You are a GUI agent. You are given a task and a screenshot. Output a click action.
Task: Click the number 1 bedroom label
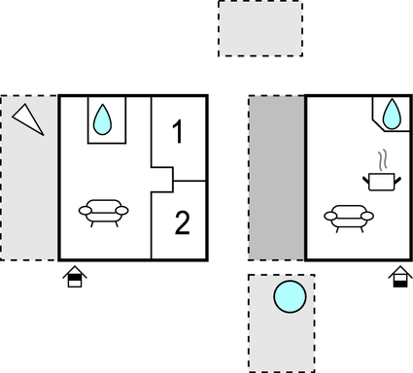[x=177, y=132]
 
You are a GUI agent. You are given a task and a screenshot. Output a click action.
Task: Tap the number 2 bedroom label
[x=182, y=223]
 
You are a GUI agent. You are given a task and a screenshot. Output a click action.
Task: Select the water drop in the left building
[x=103, y=120]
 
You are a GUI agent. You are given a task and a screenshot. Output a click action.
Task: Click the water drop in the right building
[x=391, y=117]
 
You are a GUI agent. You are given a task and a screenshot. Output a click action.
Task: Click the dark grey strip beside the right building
[x=276, y=178]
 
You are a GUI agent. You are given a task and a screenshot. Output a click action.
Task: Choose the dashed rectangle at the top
[x=260, y=28]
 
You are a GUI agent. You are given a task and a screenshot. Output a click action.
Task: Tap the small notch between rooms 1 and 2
[x=162, y=180]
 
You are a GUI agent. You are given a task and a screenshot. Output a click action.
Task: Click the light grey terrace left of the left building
[x=28, y=194]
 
